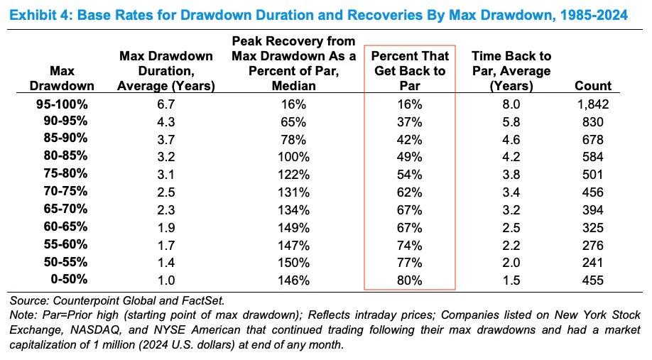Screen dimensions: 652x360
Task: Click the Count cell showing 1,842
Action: [592, 104]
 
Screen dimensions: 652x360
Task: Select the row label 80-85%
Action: [66, 156]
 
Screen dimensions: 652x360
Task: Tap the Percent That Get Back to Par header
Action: [410, 71]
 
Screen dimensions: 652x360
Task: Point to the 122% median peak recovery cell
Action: [293, 175]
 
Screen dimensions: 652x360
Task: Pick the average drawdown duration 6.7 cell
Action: [166, 104]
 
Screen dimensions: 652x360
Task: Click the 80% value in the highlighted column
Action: [410, 280]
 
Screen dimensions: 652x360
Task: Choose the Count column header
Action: [593, 86]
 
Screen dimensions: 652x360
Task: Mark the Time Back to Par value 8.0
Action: [511, 104]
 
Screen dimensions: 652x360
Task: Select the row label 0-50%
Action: [69, 278]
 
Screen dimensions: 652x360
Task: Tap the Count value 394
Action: [592, 210]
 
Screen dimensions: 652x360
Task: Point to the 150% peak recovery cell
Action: [293, 263]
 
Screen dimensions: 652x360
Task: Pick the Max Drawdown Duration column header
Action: [166, 71]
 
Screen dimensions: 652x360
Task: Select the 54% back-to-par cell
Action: [410, 175]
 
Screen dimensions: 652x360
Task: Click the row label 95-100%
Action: [62, 104]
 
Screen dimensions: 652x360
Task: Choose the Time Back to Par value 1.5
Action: [511, 280]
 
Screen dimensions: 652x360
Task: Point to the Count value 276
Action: [592, 245]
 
